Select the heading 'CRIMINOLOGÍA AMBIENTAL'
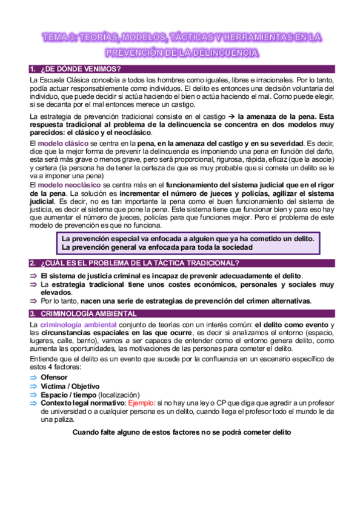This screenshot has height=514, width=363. (88, 313)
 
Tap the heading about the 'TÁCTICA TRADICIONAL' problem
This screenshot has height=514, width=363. (139, 262)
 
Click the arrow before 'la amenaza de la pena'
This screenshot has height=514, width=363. (231, 116)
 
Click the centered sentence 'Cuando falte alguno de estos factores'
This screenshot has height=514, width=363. (181, 432)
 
